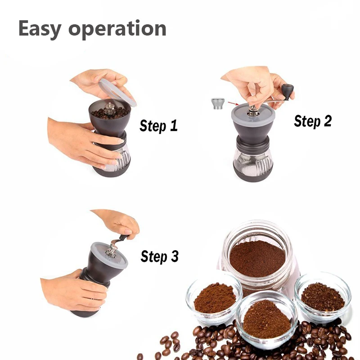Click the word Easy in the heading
[40, 29]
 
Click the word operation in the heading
[117, 29]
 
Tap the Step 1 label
[159, 126]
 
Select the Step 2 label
[313, 121]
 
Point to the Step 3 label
[160, 256]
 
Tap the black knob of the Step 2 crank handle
[288, 92]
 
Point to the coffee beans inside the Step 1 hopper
[110, 113]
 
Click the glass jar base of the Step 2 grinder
[253, 165]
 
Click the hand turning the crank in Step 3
[117, 223]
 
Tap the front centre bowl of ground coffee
[267, 319]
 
